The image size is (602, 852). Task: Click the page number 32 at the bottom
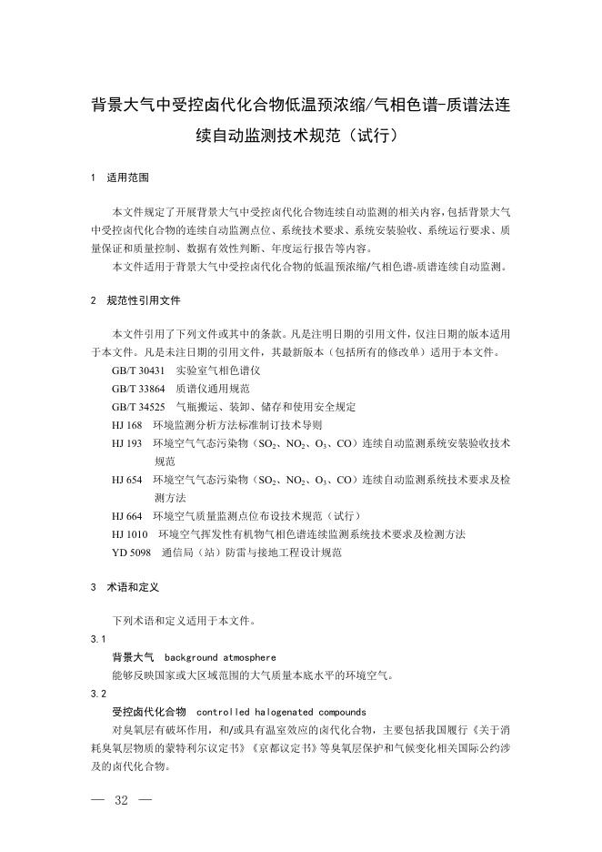point(120,800)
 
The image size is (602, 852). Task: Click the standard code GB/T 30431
point(138,371)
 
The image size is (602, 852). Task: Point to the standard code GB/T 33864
point(138,389)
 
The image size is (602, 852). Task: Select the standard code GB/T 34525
point(138,407)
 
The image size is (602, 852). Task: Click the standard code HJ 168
point(127,424)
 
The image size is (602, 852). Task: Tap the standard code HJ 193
point(127,442)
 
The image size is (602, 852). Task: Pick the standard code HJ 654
point(127,479)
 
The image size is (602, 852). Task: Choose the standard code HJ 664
point(127,515)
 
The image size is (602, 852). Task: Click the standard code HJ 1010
point(130,533)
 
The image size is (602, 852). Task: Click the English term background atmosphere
point(220,657)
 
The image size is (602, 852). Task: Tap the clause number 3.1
point(99,640)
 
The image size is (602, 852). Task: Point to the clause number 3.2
point(99,694)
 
